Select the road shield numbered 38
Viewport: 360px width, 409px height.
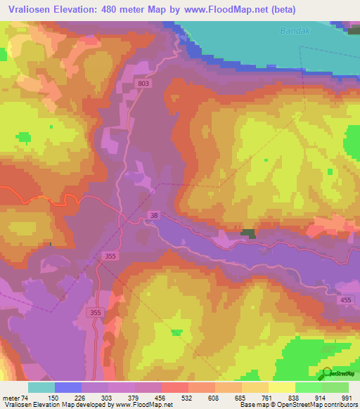154,215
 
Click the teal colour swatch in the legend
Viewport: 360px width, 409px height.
41,387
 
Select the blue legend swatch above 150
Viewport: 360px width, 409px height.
68,387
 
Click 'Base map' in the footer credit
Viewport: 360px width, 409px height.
251,405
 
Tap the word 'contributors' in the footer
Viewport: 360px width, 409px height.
338,405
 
